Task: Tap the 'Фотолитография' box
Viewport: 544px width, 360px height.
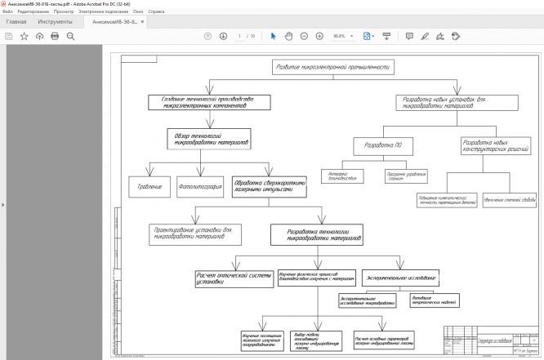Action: point(200,187)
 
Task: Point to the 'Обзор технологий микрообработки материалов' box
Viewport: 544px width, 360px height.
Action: point(207,138)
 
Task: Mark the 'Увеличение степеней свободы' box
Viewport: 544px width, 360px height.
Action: point(507,199)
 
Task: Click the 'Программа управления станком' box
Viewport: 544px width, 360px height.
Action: point(406,176)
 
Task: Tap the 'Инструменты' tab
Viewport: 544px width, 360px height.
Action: point(55,21)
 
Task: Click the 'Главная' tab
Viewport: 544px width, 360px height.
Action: point(16,21)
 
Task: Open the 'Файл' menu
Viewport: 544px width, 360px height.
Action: point(7,12)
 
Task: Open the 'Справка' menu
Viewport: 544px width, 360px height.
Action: point(157,12)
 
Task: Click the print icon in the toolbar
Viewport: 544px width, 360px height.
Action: point(55,36)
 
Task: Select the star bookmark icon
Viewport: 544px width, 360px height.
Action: point(24,36)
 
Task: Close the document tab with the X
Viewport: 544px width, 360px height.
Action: point(144,21)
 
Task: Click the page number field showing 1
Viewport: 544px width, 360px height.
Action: point(239,36)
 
